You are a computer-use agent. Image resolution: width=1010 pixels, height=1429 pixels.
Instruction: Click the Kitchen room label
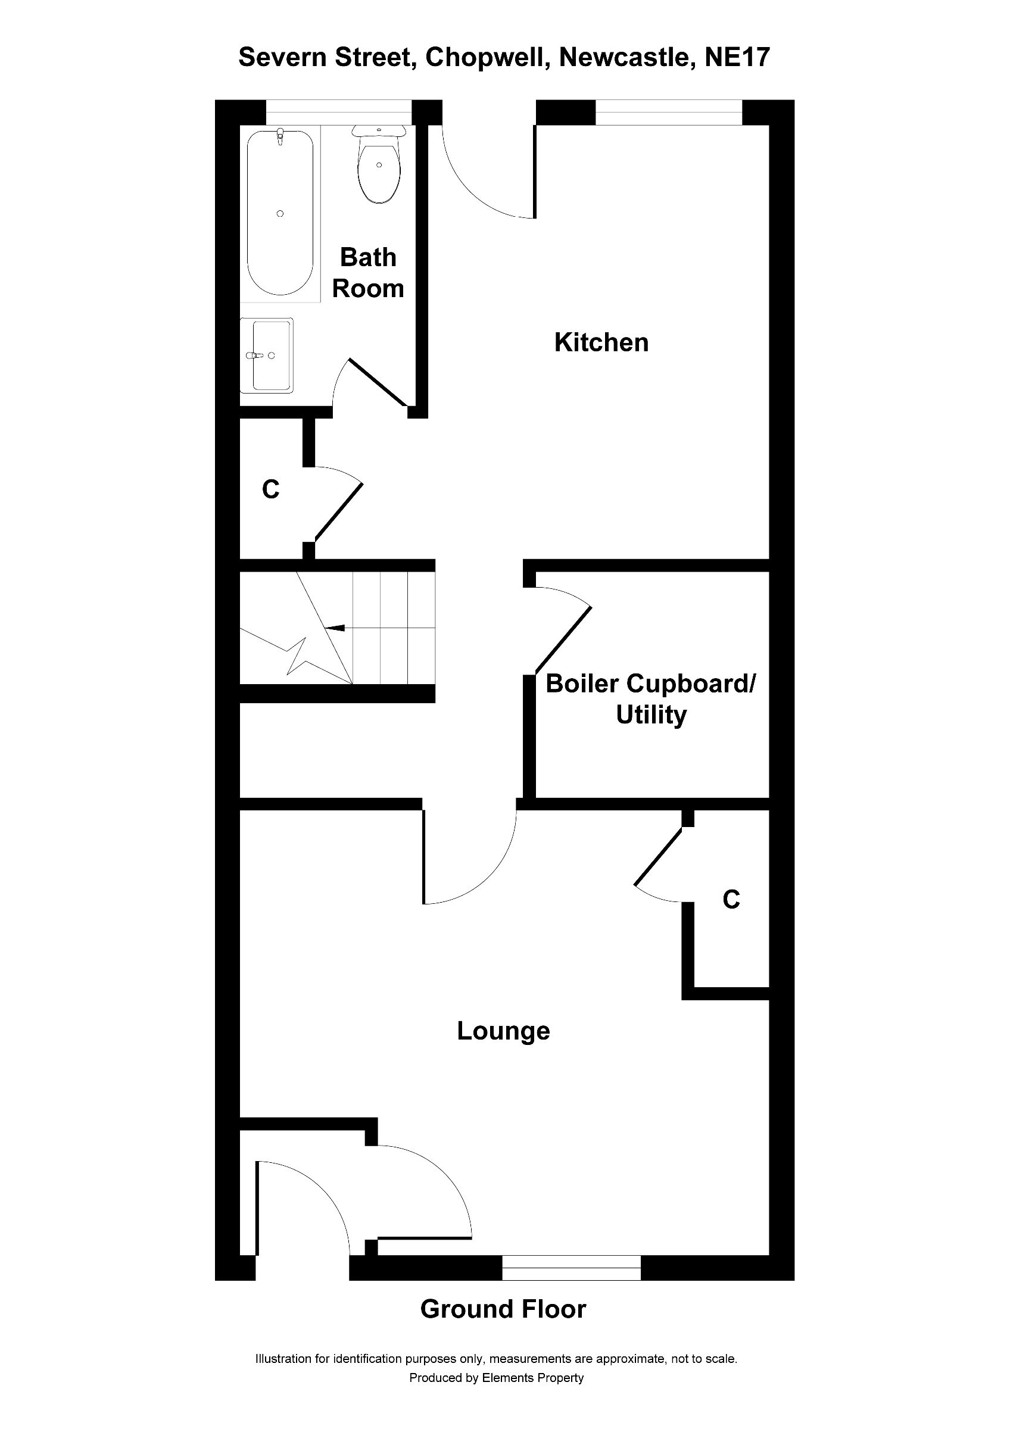coord(601,343)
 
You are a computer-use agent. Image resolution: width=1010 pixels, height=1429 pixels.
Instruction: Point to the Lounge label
coord(503,1032)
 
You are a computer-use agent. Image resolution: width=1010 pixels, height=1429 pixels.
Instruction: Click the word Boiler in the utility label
coord(582,684)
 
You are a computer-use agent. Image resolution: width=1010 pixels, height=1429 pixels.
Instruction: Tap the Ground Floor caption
coord(503,1309)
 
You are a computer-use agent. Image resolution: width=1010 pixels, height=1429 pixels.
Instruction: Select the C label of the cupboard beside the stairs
coord(271,491)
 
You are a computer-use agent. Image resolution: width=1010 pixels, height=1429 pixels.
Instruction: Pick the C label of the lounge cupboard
coord(731,899)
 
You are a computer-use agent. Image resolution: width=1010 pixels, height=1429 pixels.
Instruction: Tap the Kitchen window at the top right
coord(669,113)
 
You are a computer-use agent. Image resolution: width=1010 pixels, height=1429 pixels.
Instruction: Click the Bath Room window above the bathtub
coord(339,113)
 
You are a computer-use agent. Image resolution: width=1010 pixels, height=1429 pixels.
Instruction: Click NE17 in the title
coord(737,57)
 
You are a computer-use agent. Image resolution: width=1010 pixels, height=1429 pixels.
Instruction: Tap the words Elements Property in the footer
coord(533,1378)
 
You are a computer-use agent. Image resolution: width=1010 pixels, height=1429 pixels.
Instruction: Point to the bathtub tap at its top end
coord(280,136)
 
